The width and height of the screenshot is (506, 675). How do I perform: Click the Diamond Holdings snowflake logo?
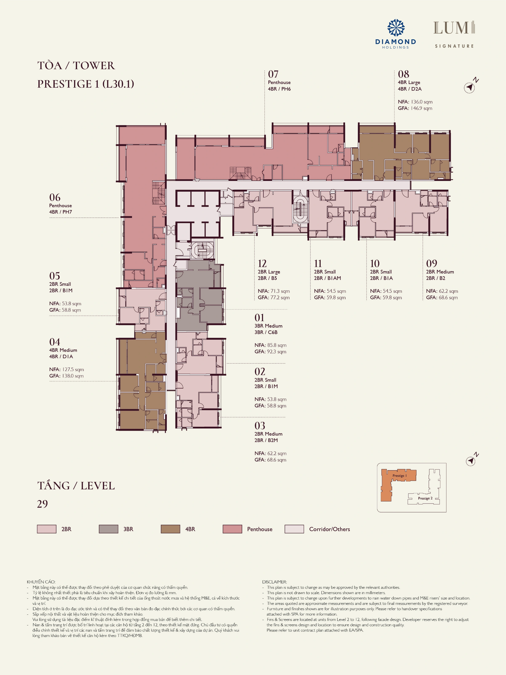396,28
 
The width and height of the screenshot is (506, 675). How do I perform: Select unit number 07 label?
273,74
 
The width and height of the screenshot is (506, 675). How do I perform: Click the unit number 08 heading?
404,74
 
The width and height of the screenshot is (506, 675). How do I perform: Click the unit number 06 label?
55,197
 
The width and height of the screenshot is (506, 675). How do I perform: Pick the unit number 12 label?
262,264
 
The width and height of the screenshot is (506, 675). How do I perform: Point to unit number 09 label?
432,264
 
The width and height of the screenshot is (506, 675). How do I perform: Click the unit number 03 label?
260,426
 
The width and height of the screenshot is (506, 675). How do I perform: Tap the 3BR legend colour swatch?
109,529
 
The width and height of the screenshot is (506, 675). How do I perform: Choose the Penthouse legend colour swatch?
232,529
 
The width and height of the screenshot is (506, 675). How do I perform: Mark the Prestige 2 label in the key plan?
425,498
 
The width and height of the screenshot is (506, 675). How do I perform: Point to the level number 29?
42,504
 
